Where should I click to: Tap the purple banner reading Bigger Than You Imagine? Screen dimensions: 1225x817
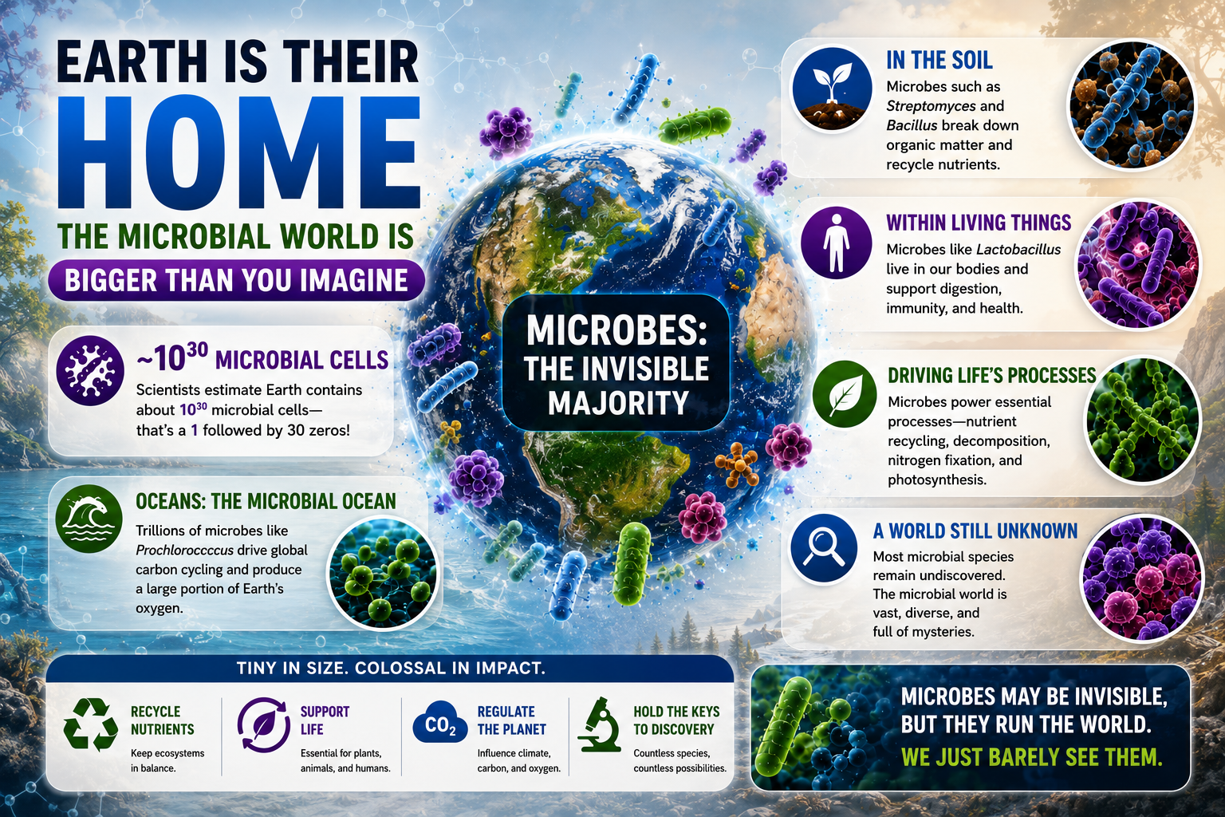pos(236,280)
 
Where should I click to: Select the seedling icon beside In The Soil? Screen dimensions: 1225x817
pos(832,88)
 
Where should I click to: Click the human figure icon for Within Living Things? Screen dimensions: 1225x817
pos(836,243)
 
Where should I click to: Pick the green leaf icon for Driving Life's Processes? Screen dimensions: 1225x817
pos(845,394)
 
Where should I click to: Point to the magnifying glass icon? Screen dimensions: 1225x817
pos(824,548)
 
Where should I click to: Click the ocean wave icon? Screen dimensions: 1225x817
pos(89,519)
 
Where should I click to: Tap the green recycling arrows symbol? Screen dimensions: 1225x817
pos(91,724)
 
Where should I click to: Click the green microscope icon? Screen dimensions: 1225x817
pos(599,724)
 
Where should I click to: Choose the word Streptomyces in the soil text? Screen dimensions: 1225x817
pos(931,106)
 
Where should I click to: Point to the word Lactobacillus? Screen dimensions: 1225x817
pos(1018,250)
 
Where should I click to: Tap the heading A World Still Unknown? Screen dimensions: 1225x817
pos(975,531)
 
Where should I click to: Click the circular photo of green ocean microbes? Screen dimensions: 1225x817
pos(384,572)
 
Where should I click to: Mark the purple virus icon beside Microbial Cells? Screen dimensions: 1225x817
pos(89,370)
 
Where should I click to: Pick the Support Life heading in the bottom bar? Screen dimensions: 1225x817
pos(325,720)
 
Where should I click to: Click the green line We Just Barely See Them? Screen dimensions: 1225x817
pos(1031,757)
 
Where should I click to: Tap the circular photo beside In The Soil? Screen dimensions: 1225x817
pos(1132,105)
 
